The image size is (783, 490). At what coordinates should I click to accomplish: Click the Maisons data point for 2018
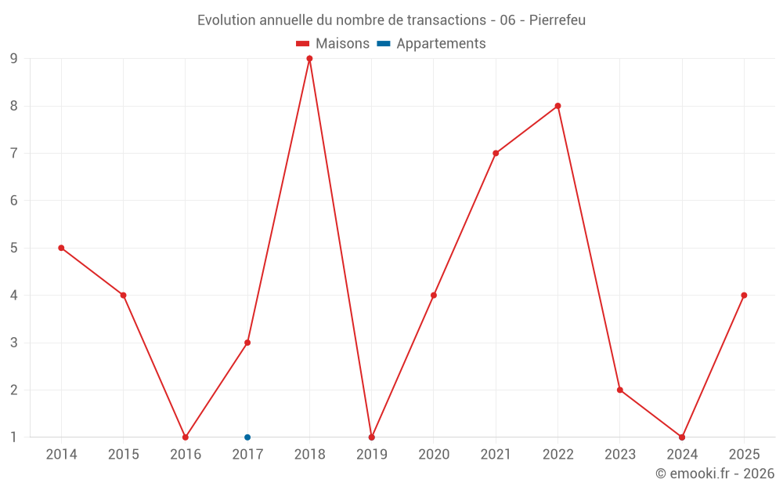click(309, 59)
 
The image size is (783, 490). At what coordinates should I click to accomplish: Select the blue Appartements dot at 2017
click(247, 437)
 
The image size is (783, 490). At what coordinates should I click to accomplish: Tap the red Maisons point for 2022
click(557, 106)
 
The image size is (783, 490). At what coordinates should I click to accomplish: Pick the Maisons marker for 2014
click(61, 248)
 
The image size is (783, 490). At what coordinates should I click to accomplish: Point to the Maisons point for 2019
click(371, 437)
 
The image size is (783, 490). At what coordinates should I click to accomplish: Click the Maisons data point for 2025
click(744, 296)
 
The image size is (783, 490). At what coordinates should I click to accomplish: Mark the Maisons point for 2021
click(496, 154)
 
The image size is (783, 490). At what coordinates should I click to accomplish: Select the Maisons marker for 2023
click(619, 390)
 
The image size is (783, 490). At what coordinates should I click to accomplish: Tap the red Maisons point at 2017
click(247, 343)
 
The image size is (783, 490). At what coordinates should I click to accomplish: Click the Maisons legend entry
click(333, 43)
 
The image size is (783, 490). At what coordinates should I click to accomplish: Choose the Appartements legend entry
click(431, 43)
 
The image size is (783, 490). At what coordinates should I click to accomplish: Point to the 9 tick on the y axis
click(13, 59)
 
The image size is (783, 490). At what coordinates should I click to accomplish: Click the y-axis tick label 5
click(13, 248)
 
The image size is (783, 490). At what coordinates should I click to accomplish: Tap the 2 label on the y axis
click(13, 390)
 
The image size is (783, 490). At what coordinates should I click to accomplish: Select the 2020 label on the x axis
click(434, 454)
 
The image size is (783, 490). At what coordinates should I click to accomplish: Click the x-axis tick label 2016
click(186, 454)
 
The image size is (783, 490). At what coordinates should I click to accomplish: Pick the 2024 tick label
click(682, 454)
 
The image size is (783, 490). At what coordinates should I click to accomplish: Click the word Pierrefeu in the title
click(557, 20)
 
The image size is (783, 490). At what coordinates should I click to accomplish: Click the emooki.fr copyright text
click(715, 473)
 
